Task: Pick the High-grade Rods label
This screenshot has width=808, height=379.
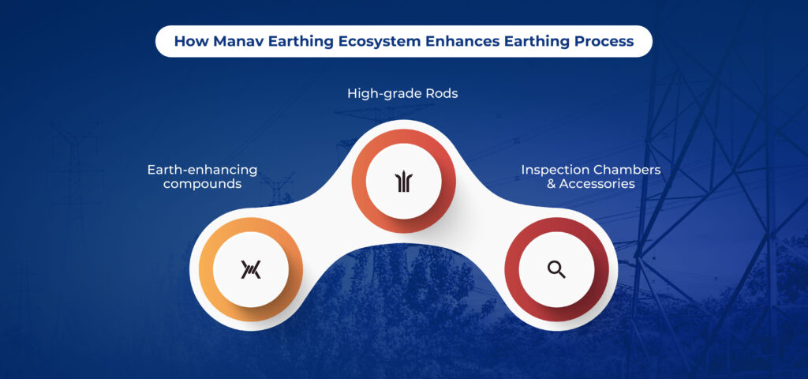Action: tap(402, 95)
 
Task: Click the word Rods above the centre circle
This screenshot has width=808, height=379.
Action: tap(442, 93)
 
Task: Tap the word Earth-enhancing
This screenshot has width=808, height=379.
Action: tap(202, 171)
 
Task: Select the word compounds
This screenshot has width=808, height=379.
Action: tap(202, 184)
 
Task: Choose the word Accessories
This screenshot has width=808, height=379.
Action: tap(597, 183)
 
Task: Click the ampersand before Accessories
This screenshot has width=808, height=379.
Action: tap(552, 183)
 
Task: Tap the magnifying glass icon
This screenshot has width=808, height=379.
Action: tap(556, 269)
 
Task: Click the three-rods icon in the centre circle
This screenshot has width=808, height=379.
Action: tap(403, 182)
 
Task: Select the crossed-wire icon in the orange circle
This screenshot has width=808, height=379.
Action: tap(251, 269)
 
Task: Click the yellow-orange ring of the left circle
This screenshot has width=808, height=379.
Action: tap(207, 270)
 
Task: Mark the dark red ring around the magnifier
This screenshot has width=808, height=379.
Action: tap(512, 270)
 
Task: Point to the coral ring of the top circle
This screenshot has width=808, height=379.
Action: tap(360, 182)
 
